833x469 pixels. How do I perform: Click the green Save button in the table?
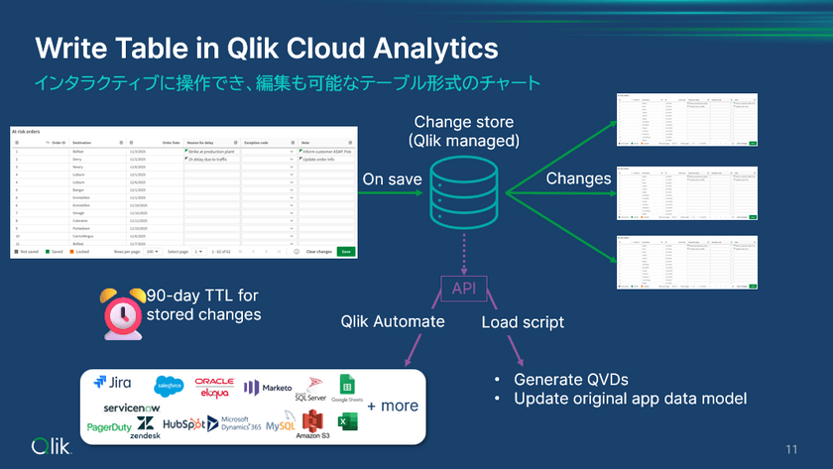click(x=345, y=252)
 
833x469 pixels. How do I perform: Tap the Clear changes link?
click(x=318, y=252)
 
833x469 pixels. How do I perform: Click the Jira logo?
click(x=113, y=382)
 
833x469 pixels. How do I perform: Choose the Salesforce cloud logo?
click(x=169, y=384)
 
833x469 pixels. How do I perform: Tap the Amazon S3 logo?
click(x=313, y=425)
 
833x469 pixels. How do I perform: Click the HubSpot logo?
click(x=183, y=424)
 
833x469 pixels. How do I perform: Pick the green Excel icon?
click(x=346, y=421)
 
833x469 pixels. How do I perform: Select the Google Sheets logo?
click(x=348, y=388)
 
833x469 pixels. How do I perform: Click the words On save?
click(x=392, y=179)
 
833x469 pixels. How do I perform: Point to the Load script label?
click(x=523, y=322)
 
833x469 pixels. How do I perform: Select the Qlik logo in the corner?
click(x=52, y=444)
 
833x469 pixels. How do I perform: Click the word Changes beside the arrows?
click(x=578, y=178)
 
